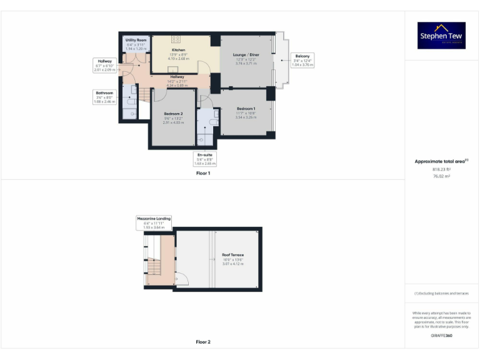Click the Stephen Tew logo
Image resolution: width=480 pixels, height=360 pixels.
(442, 36)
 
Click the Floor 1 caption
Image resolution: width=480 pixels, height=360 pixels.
(202, 172)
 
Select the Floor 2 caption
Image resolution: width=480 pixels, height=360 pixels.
(202, 342)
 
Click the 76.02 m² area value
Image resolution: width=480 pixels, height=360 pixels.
(442, 176)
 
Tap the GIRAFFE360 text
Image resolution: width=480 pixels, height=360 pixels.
(442, 336)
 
